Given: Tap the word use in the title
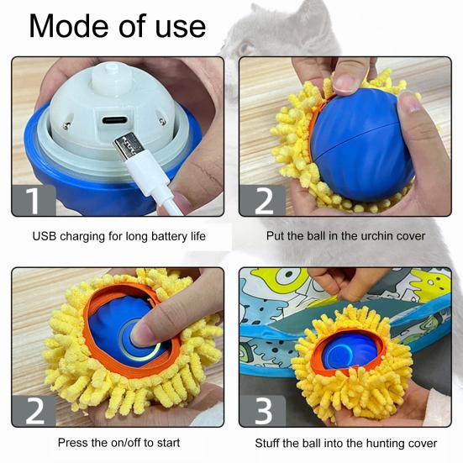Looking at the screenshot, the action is click(x=181, y=29).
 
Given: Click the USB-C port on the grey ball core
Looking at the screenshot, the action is click(x=115, y=120).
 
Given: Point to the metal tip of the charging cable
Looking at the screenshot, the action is click(x=126, y=146).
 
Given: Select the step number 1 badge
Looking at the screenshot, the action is click(x=34, y=201).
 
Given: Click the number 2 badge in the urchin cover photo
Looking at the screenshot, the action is click(x=262, y=201).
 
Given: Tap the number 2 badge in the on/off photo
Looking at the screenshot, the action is click(x=34, y=411).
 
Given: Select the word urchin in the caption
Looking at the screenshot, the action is click(x=376, y=236).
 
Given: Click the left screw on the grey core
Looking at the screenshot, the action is click(x=67, y=124).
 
